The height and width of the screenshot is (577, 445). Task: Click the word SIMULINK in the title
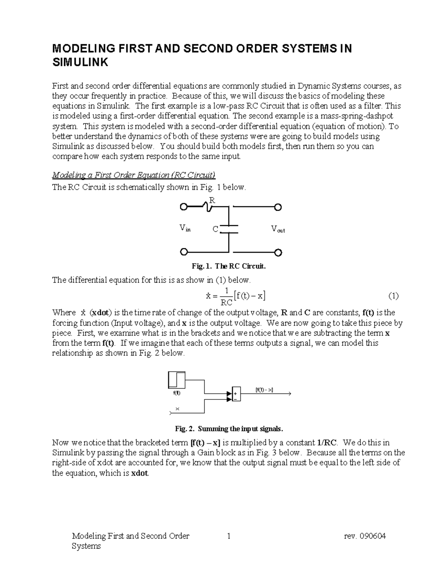(x=80, y=62)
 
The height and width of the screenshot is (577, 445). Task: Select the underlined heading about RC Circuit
(x=134, y=175)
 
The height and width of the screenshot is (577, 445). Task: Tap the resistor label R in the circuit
(x=212, y=200)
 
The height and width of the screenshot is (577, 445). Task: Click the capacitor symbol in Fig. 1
(x=229, y=229)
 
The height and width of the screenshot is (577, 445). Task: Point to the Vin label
(x=185, y=228)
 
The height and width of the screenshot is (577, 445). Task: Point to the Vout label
(x=278, y=229)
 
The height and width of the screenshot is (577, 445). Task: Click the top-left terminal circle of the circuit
(x=183, y=207)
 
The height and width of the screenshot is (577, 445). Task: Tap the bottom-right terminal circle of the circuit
(x=278, y=253)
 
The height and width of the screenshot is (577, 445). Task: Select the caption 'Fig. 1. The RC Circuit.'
(x=229, y=266)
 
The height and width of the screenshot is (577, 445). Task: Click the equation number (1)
(x=393, y=296)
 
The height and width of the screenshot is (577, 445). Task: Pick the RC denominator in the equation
(x=224, y=302)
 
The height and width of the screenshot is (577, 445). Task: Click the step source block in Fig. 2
(x=176, y=380)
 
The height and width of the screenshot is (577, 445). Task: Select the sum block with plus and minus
(x=236, y=394)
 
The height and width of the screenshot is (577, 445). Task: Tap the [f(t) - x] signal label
(x=264, y=390)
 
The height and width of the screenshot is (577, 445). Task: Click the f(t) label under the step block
(x=177, y=393)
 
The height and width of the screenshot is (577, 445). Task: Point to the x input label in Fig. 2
(x=177, y=409)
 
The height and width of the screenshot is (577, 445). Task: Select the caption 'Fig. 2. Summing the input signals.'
(x=229, y=429)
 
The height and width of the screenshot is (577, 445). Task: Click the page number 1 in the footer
(x=229, y=536)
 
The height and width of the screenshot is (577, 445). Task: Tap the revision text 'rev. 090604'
(x=365, y=536)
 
